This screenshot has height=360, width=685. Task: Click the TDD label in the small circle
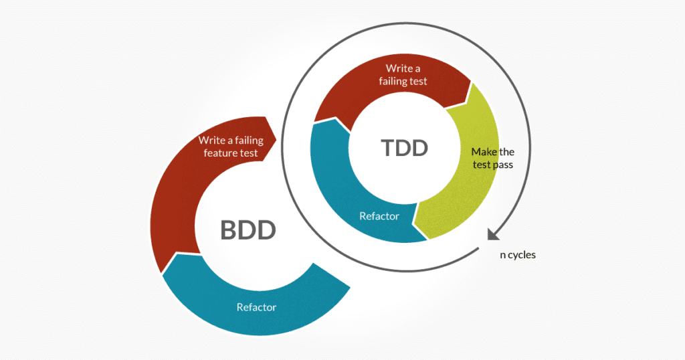click(x=405, y=147)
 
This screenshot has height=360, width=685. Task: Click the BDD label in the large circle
click(x=248, y=230)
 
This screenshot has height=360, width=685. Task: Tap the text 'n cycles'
click(x=518, y=255)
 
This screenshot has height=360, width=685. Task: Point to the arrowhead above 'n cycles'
click(x=492, y=234)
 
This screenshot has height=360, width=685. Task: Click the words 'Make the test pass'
click(x=492, y=158)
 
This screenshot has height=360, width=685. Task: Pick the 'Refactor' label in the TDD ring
click(x=379, y=216)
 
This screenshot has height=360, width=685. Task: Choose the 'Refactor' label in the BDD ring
click(x=256, y=307)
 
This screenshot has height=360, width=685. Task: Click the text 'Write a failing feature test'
click(x=231, y=147)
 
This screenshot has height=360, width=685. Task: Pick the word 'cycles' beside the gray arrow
click(x=522, y=255)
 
